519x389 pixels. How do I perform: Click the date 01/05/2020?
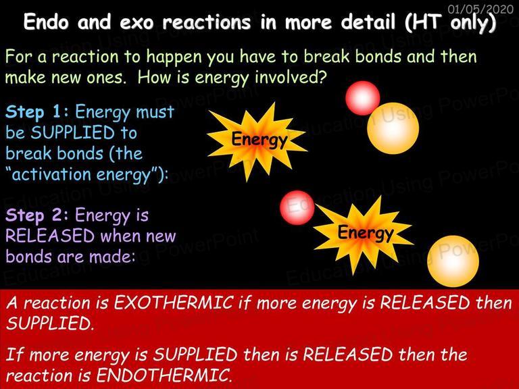[480, 9]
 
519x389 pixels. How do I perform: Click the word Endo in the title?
[46, 22]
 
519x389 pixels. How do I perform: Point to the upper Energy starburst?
[257, 142]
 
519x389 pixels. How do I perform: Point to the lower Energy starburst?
[364, 234]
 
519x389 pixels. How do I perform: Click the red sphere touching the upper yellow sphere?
[362, 98]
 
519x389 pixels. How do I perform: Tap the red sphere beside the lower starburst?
[297, 207]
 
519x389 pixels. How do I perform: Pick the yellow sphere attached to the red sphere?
[393, 128]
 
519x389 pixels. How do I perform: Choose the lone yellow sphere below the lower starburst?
[453, 261]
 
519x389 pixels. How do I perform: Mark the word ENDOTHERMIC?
[164, 375]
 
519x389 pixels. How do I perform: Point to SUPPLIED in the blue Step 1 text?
[72, 133]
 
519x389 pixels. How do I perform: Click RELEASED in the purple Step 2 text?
[50, 236]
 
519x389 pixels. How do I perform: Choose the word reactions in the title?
[207, 22]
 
